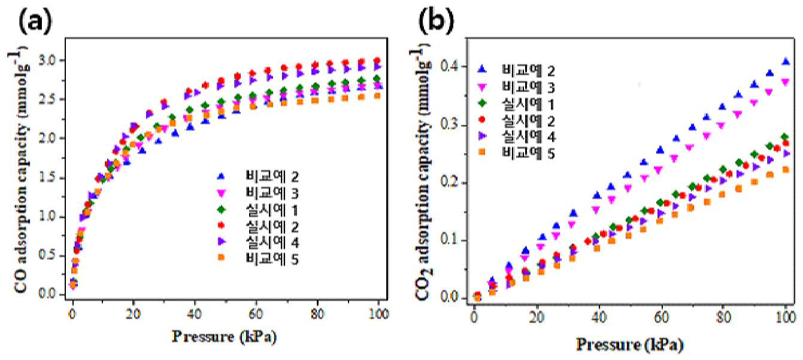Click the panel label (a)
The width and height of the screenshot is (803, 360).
tap(35, 22)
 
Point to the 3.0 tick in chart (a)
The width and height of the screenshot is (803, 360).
tap(49, 60)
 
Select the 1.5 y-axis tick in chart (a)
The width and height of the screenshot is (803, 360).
tap(49, 178)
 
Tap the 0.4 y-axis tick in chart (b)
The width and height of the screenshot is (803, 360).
tap(451, 66)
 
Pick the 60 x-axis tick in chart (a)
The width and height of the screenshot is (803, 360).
tap(255, 314)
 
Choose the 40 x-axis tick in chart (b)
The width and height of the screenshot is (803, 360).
tap(599, 317)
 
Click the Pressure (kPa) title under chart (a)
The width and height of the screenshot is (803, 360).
tap(225, 337)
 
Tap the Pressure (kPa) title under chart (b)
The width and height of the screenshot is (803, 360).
tap(630, 345)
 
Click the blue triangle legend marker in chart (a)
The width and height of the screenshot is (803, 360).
tap(221, 176)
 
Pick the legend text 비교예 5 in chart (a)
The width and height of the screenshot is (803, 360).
tap(272, 259)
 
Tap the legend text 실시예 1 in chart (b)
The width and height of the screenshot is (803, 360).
tap(528, 104)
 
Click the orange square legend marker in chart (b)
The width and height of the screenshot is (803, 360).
tap(482, 152)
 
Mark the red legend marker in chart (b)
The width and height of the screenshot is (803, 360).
tap(482, 120)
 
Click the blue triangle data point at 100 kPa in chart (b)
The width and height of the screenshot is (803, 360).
tap(786, 61)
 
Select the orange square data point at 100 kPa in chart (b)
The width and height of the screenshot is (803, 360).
tap(786, 170)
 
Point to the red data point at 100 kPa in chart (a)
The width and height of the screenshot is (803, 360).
tap(377, 60)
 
